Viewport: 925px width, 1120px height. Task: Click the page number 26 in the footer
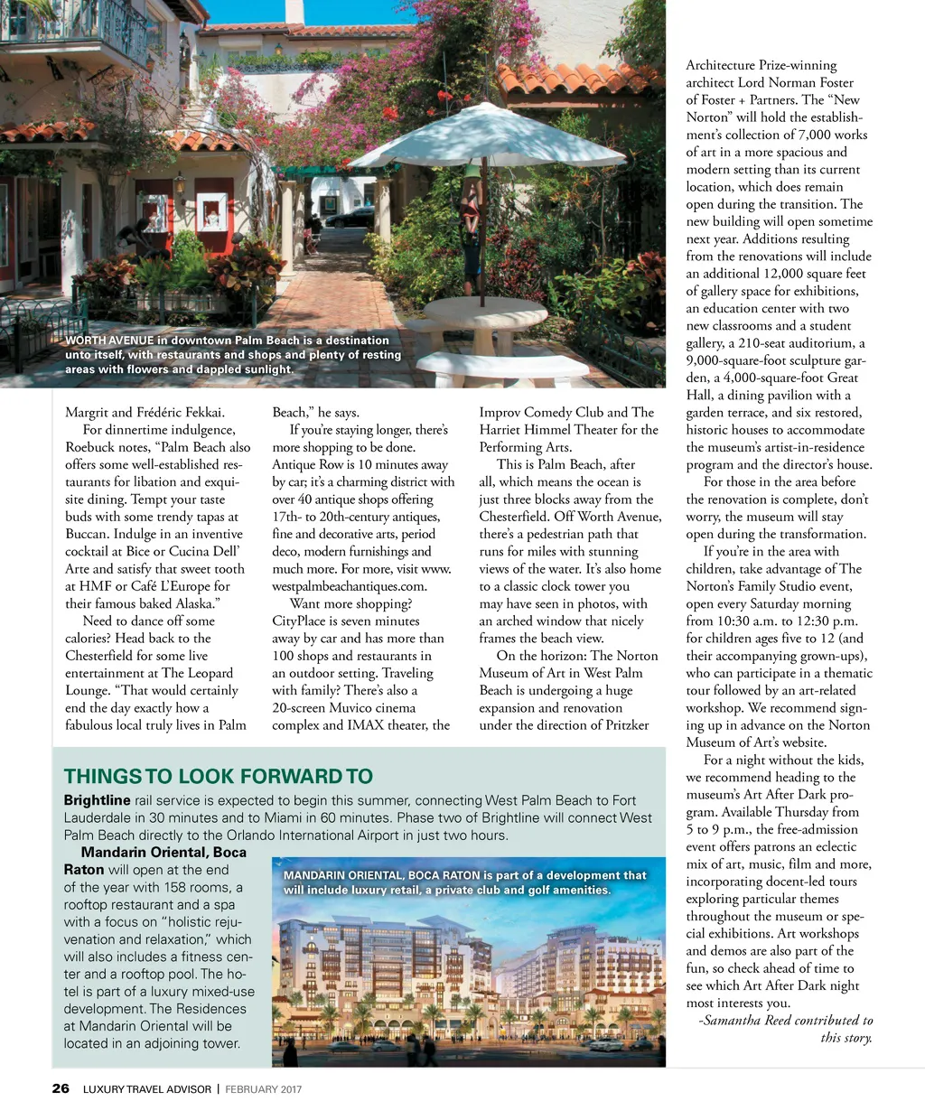click(x=61, y=1088)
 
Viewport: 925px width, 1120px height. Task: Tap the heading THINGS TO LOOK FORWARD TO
click(x=218, y=776)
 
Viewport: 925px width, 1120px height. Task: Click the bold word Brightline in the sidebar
click(x=97, y=800)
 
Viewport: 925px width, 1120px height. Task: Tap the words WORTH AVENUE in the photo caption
click(x=109, y=341)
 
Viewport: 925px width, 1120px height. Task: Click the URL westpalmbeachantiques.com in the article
click(x=349, y=586)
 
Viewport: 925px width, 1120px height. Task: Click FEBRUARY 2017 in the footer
click(x=263, y=1089)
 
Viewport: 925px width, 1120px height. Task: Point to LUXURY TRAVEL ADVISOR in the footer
click(x=147, y=1089)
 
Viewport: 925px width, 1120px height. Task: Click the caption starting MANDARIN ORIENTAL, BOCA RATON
click(x=464, y=882)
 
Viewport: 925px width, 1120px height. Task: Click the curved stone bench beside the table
click(x=502, y=365)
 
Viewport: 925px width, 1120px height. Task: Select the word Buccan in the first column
click(x=88, y=535)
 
